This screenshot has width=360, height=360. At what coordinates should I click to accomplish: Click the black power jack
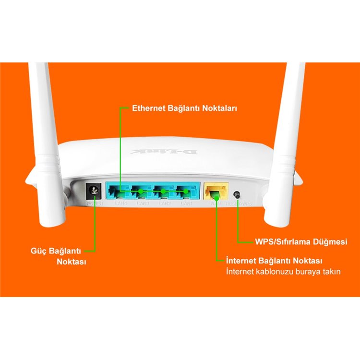click(x=93, y=192)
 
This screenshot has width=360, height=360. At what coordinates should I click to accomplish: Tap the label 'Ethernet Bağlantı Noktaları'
click(x=185, y=108)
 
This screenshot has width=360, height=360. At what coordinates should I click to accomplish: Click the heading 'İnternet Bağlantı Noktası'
click(x=274, y=261)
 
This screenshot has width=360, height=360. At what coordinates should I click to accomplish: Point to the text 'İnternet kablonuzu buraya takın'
click(x=283, y=272)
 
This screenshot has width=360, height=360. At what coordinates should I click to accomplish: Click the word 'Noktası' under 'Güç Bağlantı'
click(x=71, y=262)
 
